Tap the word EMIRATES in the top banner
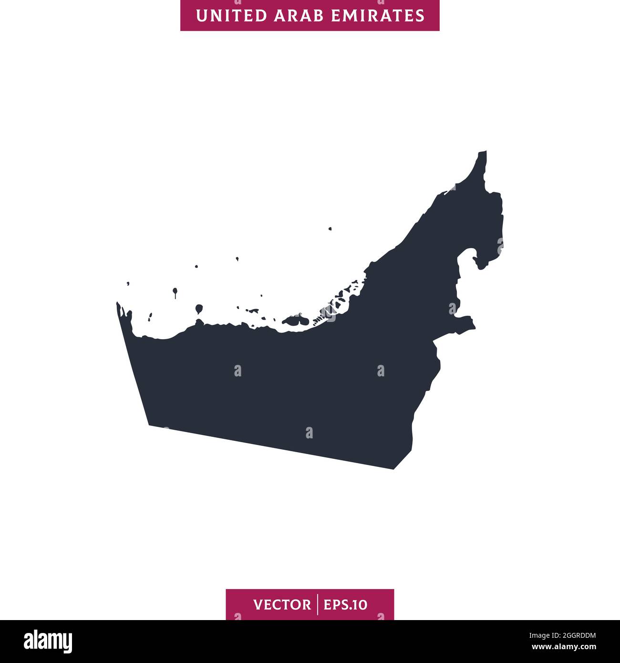click(375, 15)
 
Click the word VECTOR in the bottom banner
click(282, 605)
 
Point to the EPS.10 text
click(346, 605)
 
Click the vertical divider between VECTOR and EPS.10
click(317, 605)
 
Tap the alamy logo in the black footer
click(48, 642)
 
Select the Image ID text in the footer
click(563, 635)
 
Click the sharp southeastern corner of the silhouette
click(394, 469)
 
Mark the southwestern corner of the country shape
click(150, 425)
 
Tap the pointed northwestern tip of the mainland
click(118, 303)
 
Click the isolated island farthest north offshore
click(330, 229)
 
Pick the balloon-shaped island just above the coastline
click(198, 309)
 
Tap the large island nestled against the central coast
click(295, 321)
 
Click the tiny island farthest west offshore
click(128, 284)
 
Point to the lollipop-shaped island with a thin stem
click(176, 290)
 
